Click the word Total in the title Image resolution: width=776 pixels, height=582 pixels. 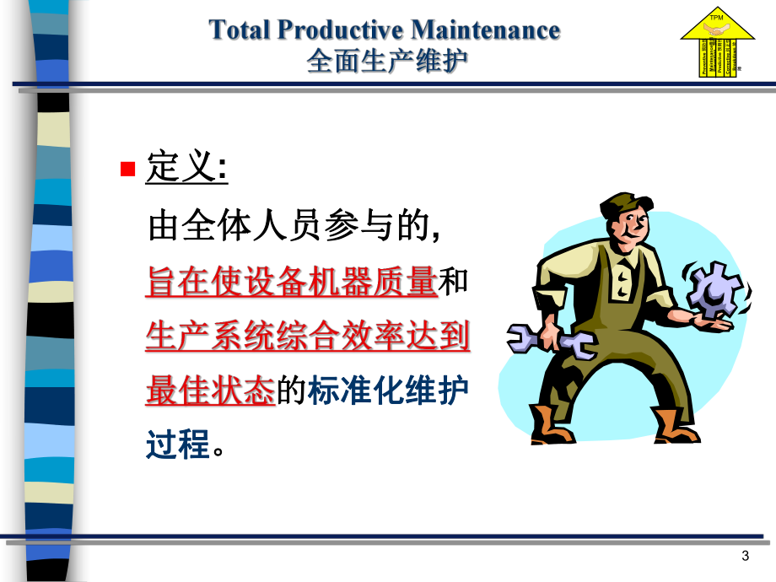[240, 30]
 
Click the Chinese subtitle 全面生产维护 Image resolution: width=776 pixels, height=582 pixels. [387, 61]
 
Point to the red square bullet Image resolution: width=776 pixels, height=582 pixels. [128, 170]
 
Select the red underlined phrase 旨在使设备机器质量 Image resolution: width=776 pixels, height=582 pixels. [292, 283]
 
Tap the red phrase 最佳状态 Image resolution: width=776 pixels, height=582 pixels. [210, 391]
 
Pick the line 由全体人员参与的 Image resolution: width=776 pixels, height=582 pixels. [290, 227]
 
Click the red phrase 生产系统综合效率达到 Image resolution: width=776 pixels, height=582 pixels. [308, 337]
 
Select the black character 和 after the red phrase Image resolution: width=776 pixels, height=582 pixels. [455, 283]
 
